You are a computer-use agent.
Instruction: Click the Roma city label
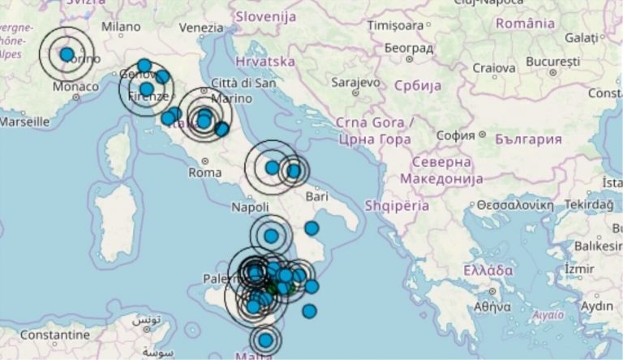point(204,173)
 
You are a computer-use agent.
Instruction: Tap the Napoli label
point(250,208)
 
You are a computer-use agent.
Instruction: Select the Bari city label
point(316,196)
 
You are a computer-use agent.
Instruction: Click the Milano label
point(121,26)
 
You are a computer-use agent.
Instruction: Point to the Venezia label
point(200,28)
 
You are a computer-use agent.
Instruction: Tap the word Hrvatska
point(264,61)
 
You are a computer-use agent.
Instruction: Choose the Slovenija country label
point(265,15)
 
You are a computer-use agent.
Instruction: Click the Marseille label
point(24,122)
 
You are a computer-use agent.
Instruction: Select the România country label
point(524,24)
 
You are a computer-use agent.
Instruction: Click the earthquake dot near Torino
point(67,54)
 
